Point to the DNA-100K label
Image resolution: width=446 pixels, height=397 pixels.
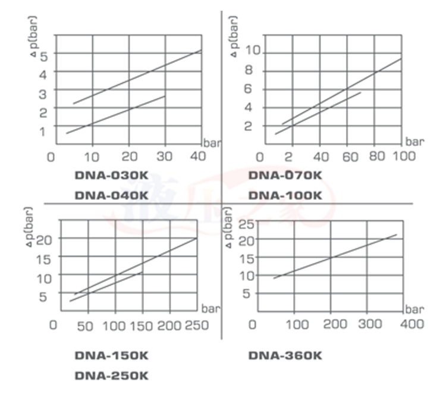(285, 195)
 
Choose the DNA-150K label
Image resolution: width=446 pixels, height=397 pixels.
(111, 356)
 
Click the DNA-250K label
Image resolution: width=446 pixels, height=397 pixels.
(111, 376)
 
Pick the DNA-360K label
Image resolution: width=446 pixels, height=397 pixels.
(285, 356)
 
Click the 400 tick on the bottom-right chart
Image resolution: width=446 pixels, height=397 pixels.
(412, 324)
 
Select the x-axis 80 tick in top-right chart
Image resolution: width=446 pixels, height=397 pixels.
(378, 157)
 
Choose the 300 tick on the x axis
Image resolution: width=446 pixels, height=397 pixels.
(370, 324)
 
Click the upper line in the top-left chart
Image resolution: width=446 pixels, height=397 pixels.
(137, 77)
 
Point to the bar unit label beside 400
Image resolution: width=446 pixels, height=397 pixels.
(414, 310)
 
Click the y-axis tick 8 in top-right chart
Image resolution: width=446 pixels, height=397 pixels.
(249, 70)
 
